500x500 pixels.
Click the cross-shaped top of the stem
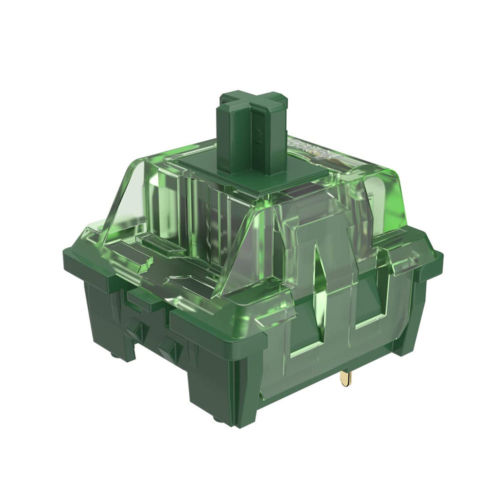pos(253,102)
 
